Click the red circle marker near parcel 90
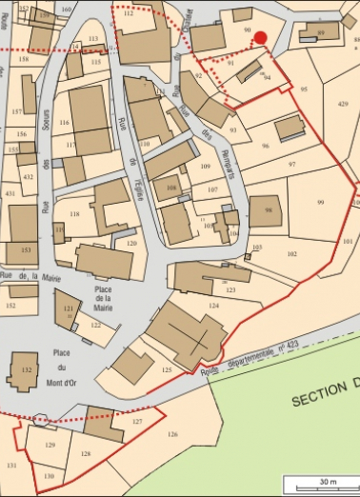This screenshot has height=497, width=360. click(x=261, y=37)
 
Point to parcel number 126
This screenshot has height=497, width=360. click(x=171, y=434)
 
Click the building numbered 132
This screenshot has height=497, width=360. click(x=22, y=370)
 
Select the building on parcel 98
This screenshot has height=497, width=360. click(x=267, y=211)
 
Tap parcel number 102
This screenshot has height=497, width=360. click(x=291, y=253)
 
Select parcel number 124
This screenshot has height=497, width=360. click(x=214, y=306)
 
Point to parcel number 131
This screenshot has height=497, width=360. click(x=11, y=465)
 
